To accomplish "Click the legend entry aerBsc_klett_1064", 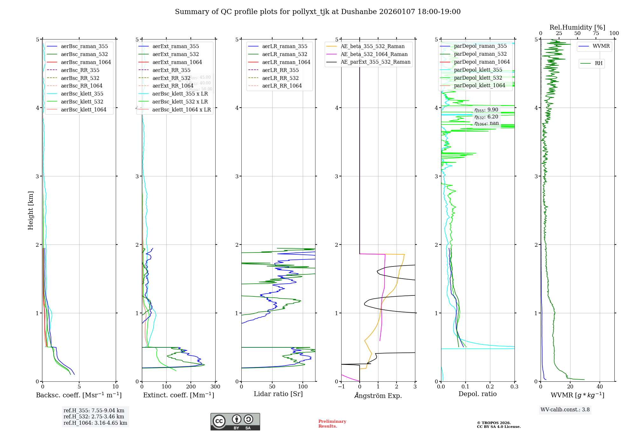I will pyautogui.click(x=83, y=110).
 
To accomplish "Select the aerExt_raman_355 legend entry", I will pyautogui.click(x=176, y=46).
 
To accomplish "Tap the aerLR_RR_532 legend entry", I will pyautogui.click(x=280, y=78).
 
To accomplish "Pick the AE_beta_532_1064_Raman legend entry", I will pyautogui.click(x=374, y=54).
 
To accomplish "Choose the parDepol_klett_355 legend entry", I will pyautogui.click(x=478, y=70).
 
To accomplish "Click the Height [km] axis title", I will pyautogui.click(x=31, y=210).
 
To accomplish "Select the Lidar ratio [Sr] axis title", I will pyautogui.click(x=278, y=394).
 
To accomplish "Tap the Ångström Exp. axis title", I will pyautogui.click(x=378, y=395).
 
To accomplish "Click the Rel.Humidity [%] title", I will pyautogui.click(x=577, y=27).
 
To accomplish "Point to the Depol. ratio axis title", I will pyautogui.click(x=477, y=394).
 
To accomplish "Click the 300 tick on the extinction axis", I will pyautogui.click(x=215, y=387).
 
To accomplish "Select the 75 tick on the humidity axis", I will pyautogui.click(x=596, y=33).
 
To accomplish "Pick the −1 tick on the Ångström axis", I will pyautogui.click(x=341, y=387).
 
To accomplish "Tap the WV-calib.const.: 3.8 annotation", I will pyautogui.click(x=565, y=410).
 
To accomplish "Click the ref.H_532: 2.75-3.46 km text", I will pyautogui.click(x=94, y=417).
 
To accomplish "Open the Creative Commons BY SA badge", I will pyautogui.click(x=235, y=422).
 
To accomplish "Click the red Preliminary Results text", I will pyautogui.click(x=332, y=424).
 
